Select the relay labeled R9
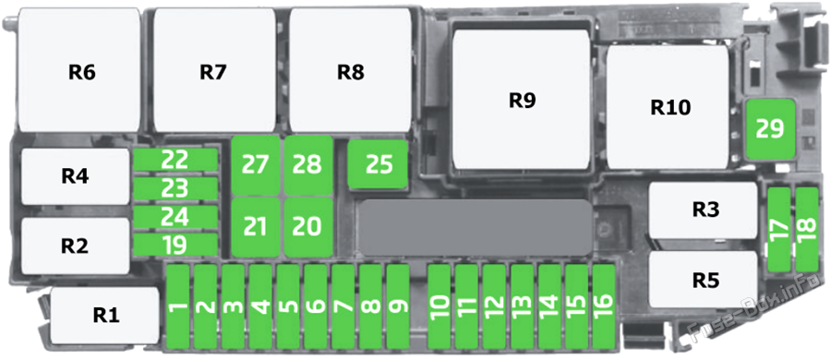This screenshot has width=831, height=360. [x=522, y=100]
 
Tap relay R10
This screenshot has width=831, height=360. [x=670, y=108]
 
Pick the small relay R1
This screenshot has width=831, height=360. [x=104, y=315]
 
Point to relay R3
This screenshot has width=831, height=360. [x=705, y=210]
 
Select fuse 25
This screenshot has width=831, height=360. [x=379, y=164]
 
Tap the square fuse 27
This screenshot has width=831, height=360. [x=255, y=165]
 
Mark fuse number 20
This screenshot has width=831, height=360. [x=307, y=225]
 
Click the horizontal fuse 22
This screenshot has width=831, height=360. [x=175, y=160]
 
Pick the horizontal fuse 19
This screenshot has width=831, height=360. [x=175, y=245]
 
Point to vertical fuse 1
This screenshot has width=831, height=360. [x=179, y=305]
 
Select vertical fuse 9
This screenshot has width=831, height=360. [x=399, y=305]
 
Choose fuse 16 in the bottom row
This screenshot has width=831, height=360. [x=604, y=305]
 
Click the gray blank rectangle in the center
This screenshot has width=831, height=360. [x=475, y=227]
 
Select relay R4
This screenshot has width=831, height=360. [x=76, y=176]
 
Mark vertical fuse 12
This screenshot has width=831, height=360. [x=494, y=305]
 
